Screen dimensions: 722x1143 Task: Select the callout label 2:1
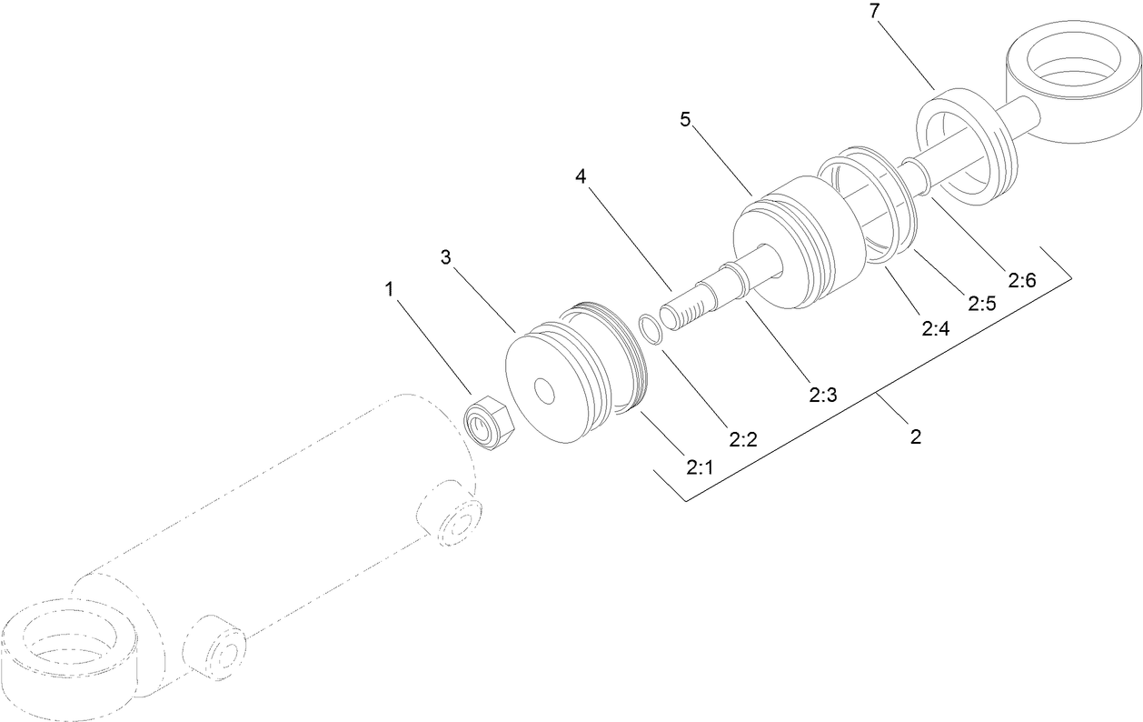point(700,467)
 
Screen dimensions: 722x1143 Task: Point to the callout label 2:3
point(823,394)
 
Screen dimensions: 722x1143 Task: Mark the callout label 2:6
point(1022,280)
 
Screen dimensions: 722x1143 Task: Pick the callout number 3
point(446,257)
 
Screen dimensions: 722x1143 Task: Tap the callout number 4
point(581,175)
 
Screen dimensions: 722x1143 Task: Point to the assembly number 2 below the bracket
point(916,436)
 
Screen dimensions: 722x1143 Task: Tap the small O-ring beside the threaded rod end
point(652,329)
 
